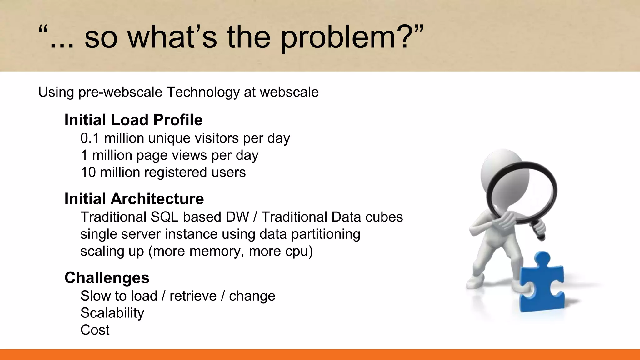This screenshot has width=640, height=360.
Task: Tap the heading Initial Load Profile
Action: tap(133, 120)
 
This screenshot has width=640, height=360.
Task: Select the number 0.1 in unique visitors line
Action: tap(90, 138)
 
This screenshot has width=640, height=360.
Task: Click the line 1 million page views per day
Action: tap(169, 155)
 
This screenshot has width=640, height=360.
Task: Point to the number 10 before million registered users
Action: tap(88, 172)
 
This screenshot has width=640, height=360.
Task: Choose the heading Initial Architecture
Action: tap(134, 199)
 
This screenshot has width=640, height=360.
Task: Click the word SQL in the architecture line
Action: tap(164, 217)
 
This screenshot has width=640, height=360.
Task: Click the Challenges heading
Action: tap(107, 278)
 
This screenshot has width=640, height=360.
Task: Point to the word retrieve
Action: tap(193, 296)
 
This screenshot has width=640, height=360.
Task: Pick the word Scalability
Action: tap(112, 313)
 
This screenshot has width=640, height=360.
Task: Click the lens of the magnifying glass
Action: tap(522, 191)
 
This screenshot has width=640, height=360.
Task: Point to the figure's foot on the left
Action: tap(475, 283)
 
